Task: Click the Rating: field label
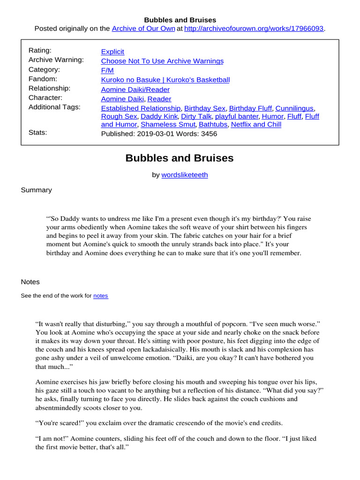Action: pos(40,50)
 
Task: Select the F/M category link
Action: pos(107,70)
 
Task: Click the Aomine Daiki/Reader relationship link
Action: pos(135,89)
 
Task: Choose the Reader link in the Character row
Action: pos(161,99)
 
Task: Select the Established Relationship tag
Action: pos(141,108)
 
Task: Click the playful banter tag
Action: pos(237,116)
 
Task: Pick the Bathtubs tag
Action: pos(213,124)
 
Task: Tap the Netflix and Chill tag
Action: pos(256,124)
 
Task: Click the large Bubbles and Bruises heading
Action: pos(180,158)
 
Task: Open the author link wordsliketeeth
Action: pos(185,175)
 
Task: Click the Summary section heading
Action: pos(37,190)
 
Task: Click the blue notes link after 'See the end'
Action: pos(101,296)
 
